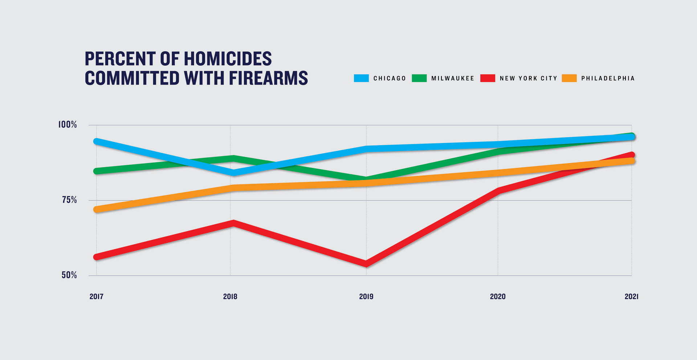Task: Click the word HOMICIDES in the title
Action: pyautogui.click(x=228, y=59)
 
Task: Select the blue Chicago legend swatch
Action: pyautogui.click(x=361, y=78)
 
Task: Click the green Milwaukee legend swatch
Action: pyautogui.click(x=419, y=78)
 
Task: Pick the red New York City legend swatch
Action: pyautogui.click(x=488, y=78)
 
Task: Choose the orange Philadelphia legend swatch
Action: pyautogui.click(x=569, y=78)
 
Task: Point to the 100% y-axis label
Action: pyautogui.click(x=68, y=125)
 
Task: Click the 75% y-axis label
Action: pyautogui.click(x=69, y=200)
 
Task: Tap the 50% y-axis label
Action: pyautogui.click(x=69, y=275)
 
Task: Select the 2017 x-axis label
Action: pyautogui.click(x=97, y=296)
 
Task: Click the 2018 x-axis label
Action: pyautogui.click(x=230, y=296)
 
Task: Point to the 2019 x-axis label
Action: pyautogui.click(x=366, y=296)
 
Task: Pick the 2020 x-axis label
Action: pyautogui.click(x=498, y=296)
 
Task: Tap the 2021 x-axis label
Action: pyautogui.click(x=631, y=296)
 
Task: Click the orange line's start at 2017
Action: pyautogui.click(x=97, y=209)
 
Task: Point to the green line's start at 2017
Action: pyautogui.click(x=97, y=171)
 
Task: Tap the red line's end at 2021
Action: pyautogui.click(x=631, y=155)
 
